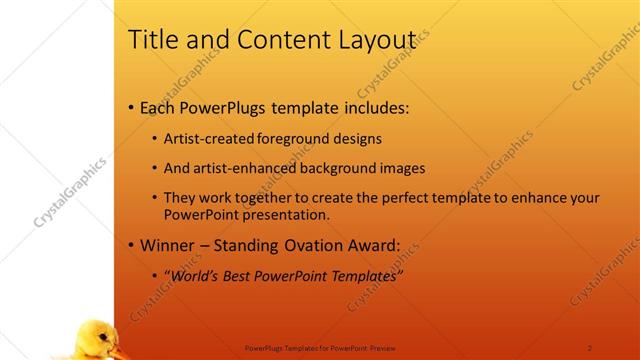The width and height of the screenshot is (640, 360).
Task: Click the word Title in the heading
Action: [x=153, y=39]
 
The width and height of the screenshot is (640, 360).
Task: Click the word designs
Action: [x=357, y=139]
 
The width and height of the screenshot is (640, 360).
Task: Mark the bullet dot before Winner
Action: [x=132, y=245]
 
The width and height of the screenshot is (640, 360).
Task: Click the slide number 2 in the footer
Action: [x=590, y=348]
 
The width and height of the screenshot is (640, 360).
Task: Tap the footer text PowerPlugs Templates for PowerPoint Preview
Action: [x=320, y=348]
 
